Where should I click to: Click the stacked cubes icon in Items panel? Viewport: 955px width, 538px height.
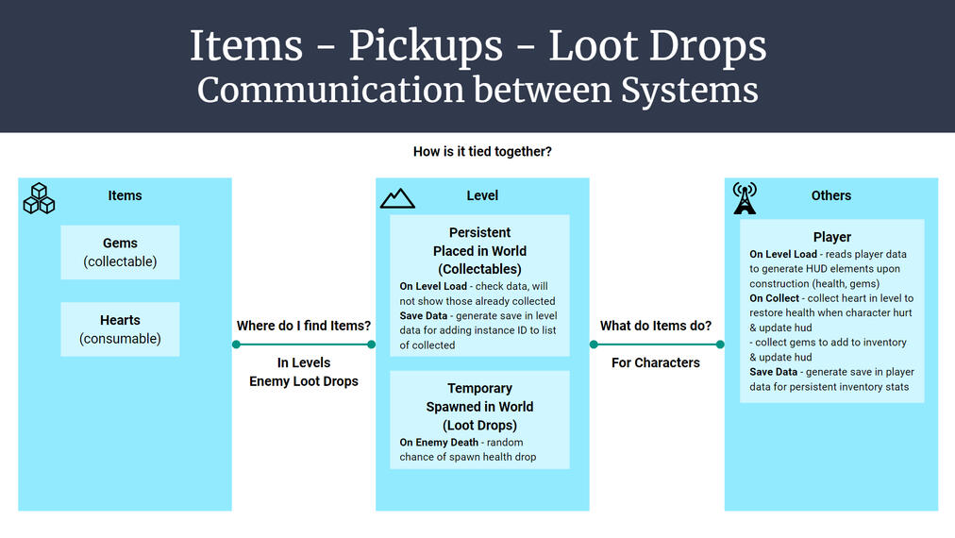tap(39, 198)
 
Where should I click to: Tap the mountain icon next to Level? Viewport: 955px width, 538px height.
tap(397, 197)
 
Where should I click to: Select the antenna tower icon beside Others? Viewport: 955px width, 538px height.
tap(745, 198)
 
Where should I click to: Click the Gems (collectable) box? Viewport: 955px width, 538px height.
tap(120, 252)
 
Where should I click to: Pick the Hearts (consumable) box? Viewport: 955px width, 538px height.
tap(120, 329)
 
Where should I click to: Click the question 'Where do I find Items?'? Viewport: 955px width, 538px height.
tap(303, 326)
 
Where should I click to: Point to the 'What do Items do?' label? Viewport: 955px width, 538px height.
tap(656, 326)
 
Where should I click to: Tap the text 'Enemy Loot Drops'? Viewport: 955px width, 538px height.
tap(303, 381)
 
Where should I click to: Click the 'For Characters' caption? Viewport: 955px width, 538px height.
tap(656, 362)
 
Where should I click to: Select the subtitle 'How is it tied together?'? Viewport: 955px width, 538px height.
tap(482, 151)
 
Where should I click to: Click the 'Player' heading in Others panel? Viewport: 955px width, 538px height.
tap(831, 237)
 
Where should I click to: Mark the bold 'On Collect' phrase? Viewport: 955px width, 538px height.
tap(776, 298)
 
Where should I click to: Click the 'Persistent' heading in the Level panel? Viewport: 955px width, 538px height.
tap(479, 232)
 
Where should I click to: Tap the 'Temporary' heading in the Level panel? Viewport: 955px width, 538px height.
tap(479, 388)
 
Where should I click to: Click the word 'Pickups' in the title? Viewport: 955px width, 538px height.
tap(438, 46)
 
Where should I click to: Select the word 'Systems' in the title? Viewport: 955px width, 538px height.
tap(689, 90)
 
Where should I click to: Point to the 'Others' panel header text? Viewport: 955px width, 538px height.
tap(831, 195)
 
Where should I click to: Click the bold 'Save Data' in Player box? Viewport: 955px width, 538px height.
tap(774, 372)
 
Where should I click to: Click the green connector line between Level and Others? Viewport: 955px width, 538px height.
tap(656, 345)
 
